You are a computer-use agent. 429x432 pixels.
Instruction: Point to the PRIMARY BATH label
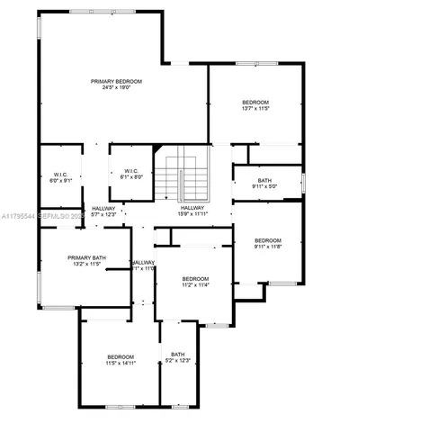(x=87, y=258)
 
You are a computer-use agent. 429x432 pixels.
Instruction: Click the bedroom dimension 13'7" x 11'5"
(x=255, y=109)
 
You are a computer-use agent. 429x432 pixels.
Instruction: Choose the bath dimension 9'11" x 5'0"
(x=264, y=187)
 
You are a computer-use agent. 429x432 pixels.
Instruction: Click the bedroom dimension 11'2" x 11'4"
(x=195, y=284)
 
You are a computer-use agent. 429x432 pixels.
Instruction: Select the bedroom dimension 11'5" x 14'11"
(x=121, y=363)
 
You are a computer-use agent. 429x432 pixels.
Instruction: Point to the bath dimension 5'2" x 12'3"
(x=178, y=360)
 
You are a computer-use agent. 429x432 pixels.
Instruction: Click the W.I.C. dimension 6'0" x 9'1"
(x=61, y=180)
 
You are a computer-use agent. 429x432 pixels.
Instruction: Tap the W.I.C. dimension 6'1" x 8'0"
(x=131, y=177)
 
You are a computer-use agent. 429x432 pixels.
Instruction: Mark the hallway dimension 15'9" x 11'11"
(x=192, y=214)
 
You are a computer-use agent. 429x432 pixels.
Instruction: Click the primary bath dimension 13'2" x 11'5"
(x=87, y=265)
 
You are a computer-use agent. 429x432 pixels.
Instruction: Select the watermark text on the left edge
(x=41, y=217)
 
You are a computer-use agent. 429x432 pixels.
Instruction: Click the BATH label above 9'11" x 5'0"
(x=264, y=181)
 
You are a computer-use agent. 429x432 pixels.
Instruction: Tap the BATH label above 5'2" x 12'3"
(x=178, y=354)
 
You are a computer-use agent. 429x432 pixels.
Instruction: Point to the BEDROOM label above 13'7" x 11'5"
(x=255, y=103)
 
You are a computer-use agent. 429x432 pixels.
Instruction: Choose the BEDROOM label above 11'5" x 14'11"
(x=121, y=356)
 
